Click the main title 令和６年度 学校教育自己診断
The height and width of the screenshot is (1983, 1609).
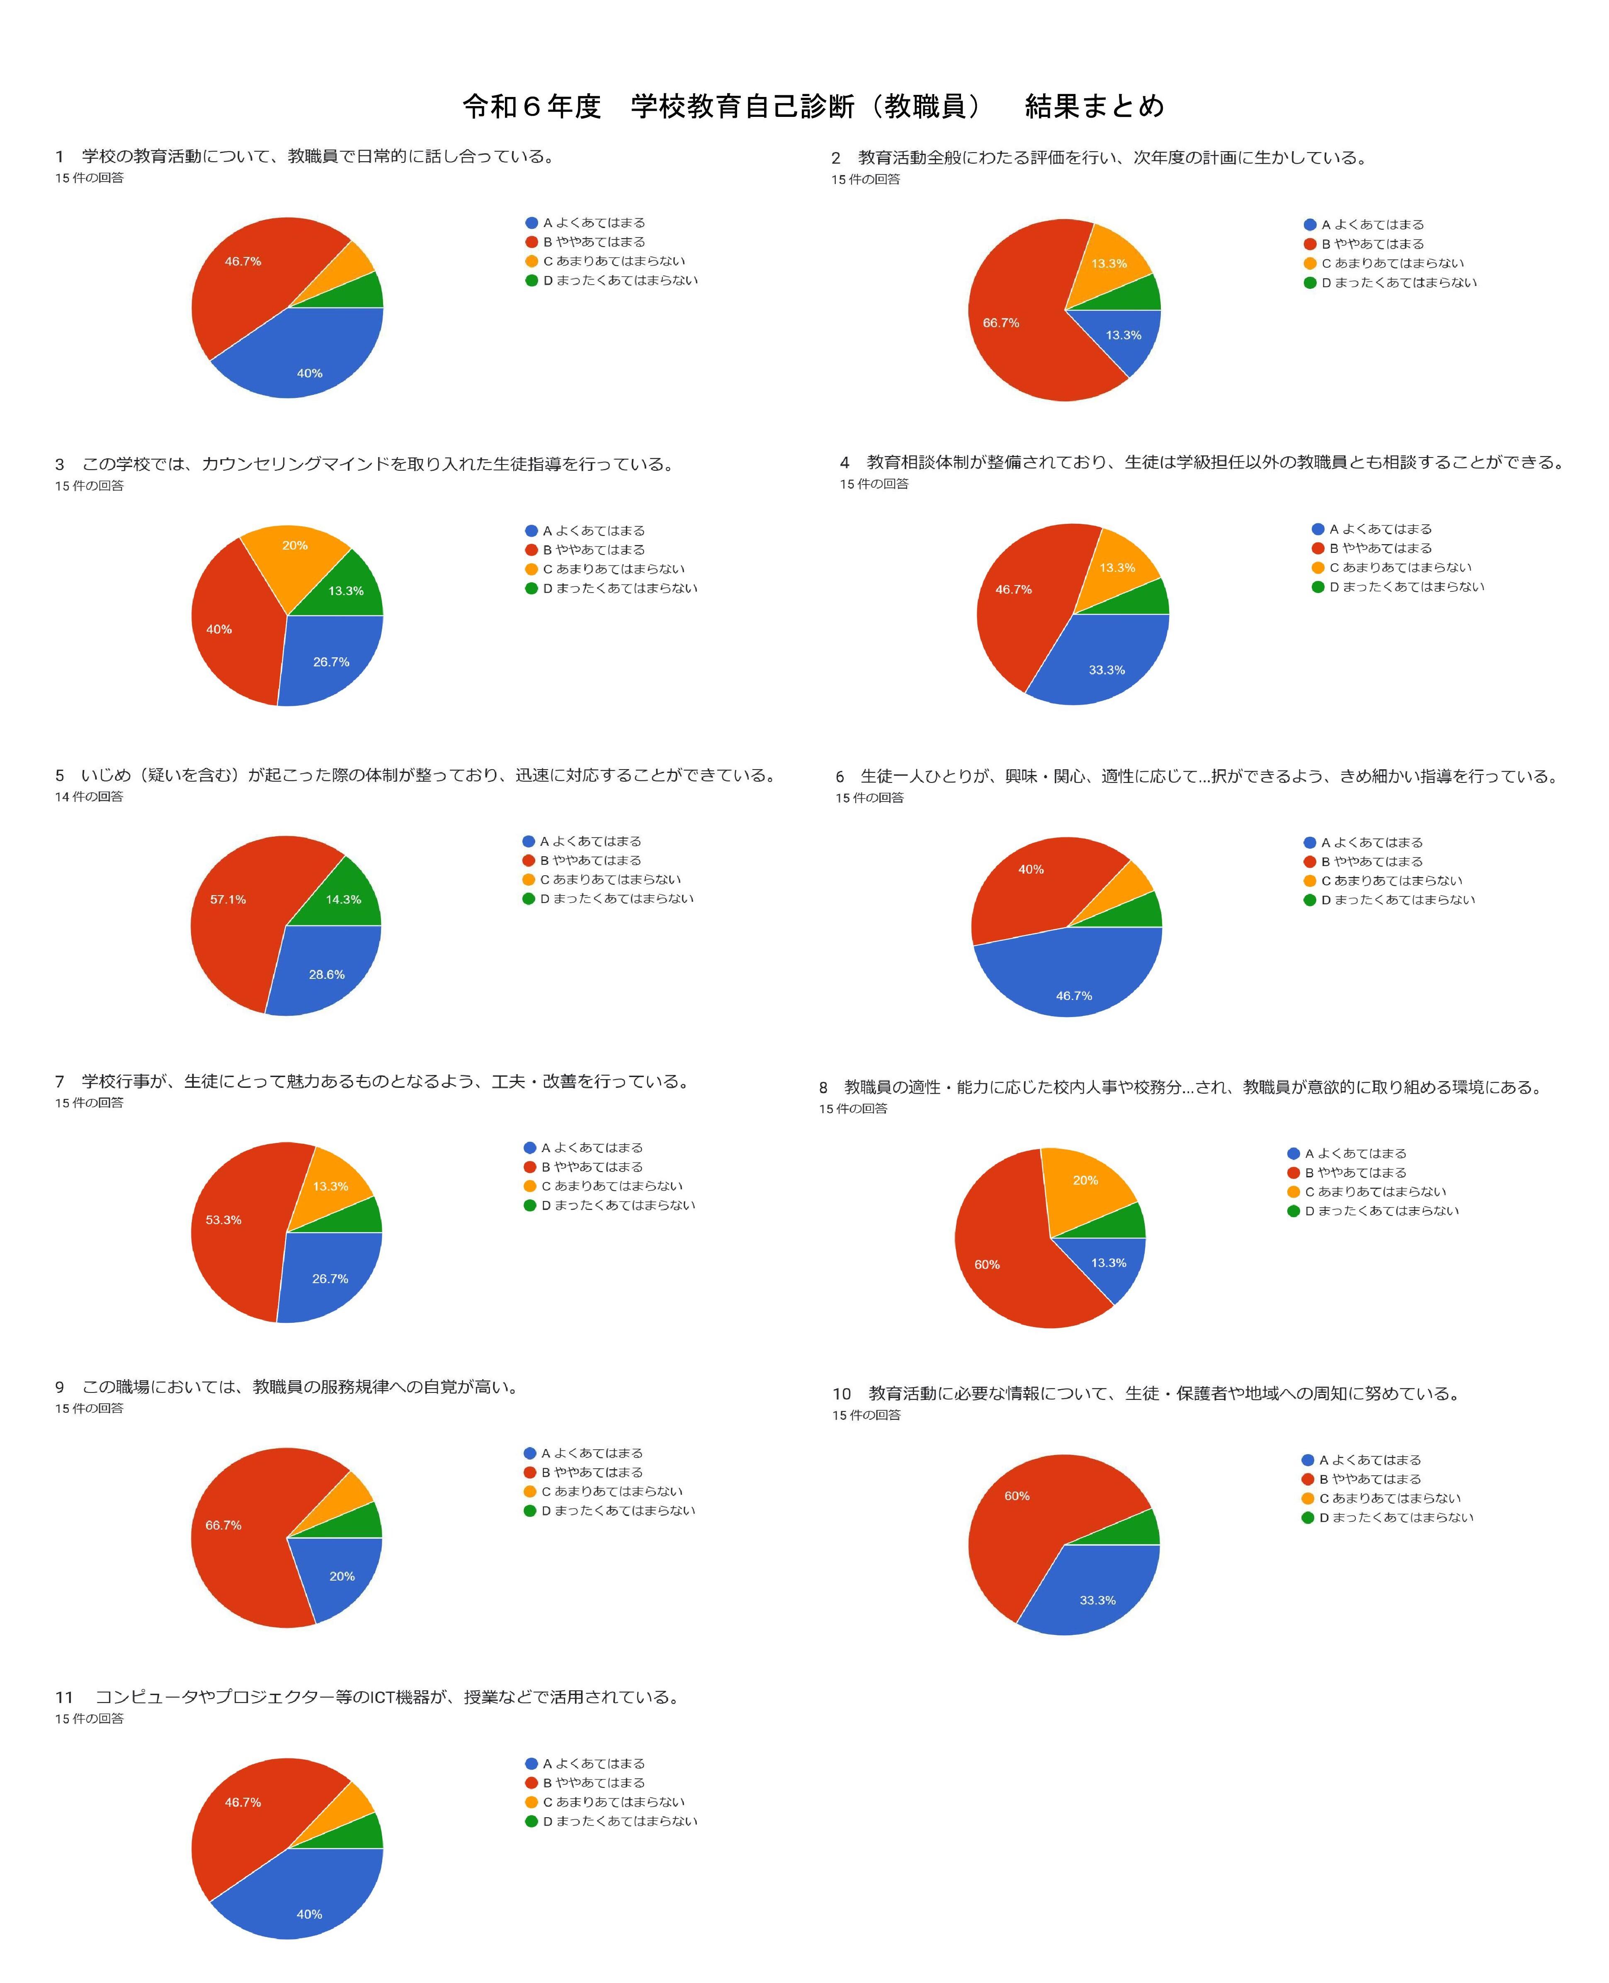click(813, 107)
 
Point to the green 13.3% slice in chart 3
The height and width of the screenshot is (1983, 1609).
click(346, 590)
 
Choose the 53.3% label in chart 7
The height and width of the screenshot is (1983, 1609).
click(223, 1220)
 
